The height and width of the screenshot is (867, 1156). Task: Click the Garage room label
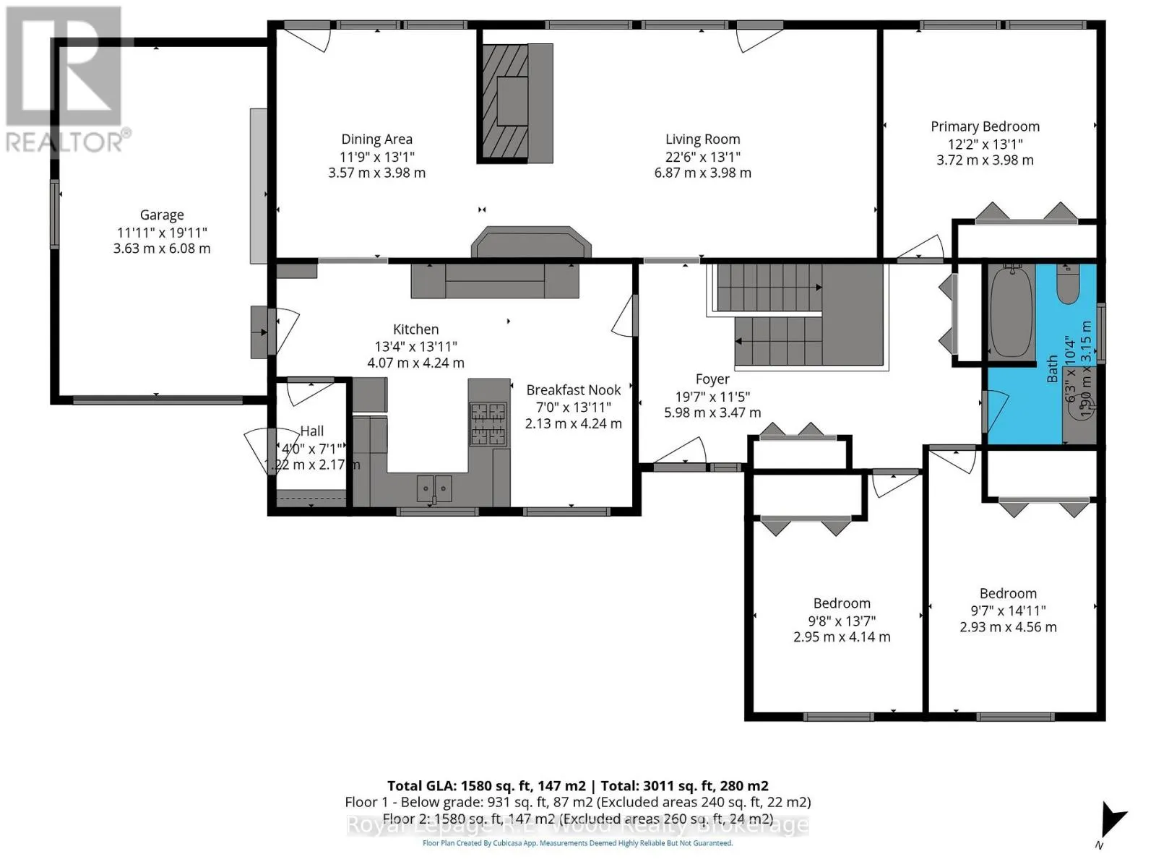tap(162, 215)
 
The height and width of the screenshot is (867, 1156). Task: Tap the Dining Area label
tap(376, 139)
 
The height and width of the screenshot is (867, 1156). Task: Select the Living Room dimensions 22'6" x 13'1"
tap(702, 156)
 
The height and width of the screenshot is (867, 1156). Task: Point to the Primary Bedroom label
tap(985, 126)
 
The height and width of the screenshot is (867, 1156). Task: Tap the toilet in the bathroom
tap(1067, 285)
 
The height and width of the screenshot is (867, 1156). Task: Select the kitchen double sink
tap(434, 488)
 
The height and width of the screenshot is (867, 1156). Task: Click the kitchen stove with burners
tap(488, 423)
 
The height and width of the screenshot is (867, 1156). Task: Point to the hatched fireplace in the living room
tap(504, 101)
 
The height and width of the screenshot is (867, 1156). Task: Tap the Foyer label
tap(712, 379)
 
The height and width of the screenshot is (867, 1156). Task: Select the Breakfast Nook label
tap(574, 390)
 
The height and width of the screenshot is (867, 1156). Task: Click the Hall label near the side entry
tap(312, 431)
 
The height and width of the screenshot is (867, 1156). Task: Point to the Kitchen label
tap(415, 329)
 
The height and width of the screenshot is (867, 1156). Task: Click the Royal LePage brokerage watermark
tap(578, 825)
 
